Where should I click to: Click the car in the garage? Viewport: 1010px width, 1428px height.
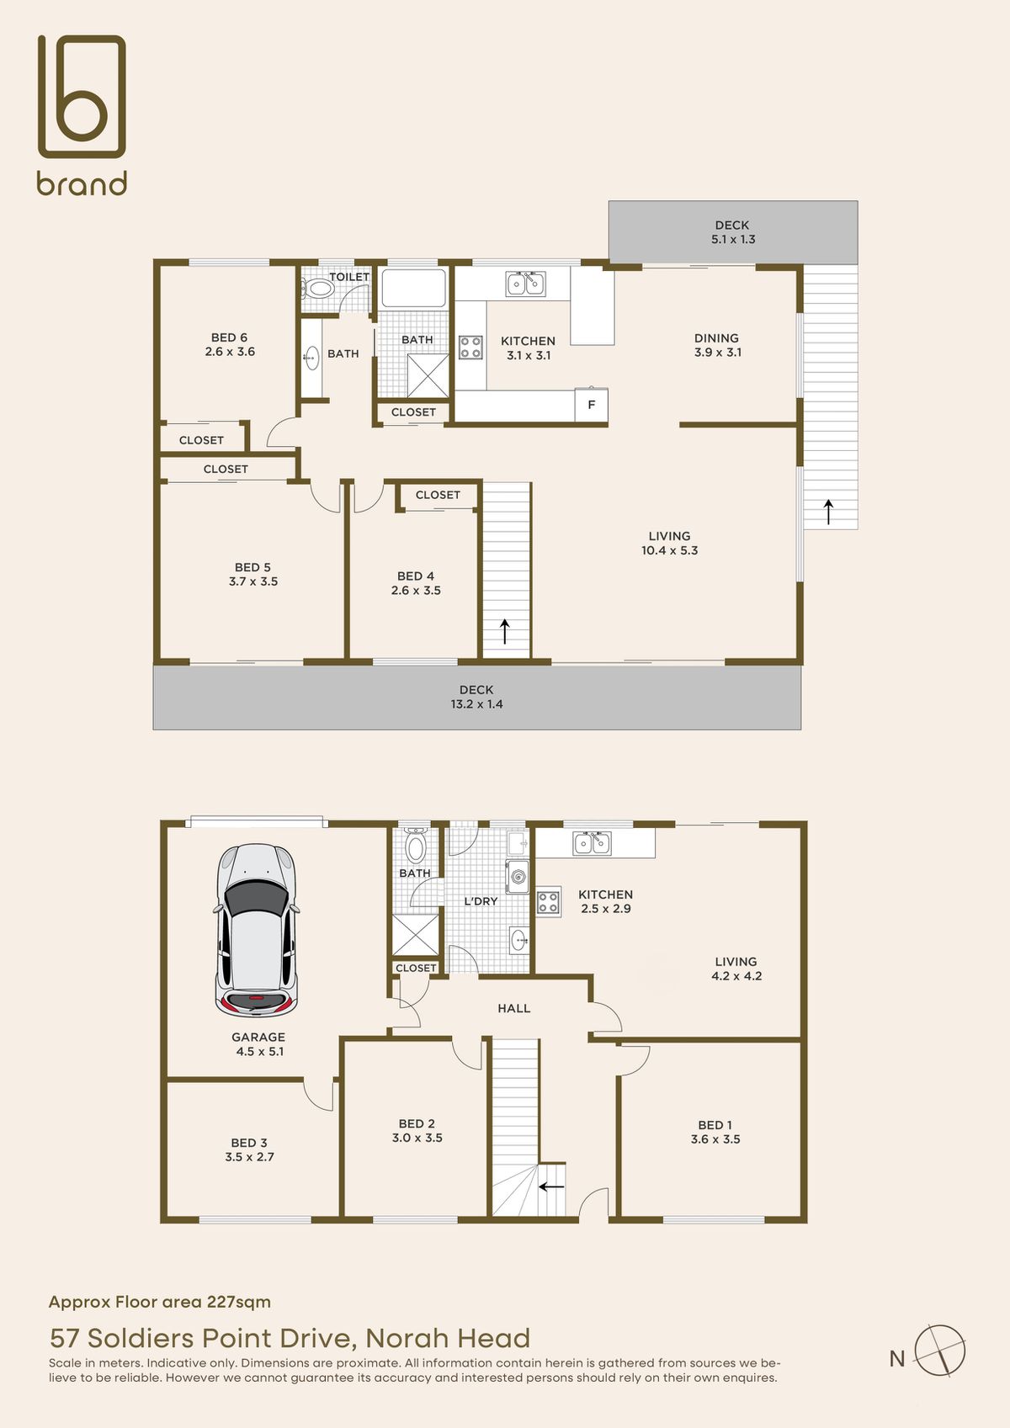click(257, 930)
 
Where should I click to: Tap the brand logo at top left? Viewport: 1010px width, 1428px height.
click(82, 114)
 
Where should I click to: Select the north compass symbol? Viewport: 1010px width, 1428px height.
click(939, 1351)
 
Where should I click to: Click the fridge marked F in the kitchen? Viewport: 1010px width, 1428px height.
click(591, 405)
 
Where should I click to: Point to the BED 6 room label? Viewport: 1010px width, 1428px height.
click(230, 344)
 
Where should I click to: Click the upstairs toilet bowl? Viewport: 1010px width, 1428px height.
click(317, 289)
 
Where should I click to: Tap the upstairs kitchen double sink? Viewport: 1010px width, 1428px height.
click(525, 284)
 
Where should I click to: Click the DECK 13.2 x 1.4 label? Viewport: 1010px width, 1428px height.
click(476, 697)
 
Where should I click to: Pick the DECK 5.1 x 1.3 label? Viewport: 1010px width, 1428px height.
click(732, 232)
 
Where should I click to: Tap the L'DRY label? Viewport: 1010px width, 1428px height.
click(480, 901)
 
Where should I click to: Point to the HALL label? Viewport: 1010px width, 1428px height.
click(514, 1009)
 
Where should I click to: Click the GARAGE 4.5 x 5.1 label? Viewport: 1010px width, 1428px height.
click(258, 1044)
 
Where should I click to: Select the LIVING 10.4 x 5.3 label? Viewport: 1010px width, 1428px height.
click(669, 543)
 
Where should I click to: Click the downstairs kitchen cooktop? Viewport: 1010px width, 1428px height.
click(549, 902)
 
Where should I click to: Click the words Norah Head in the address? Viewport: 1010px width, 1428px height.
click(448, 1338)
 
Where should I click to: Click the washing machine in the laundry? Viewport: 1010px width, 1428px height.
click(517, 876)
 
